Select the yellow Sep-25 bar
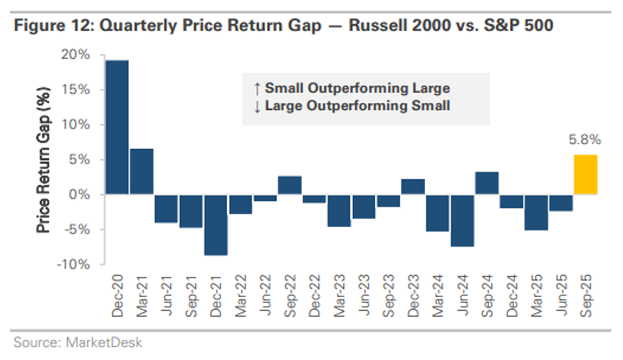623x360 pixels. [585, 174]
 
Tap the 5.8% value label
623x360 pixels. [586, 140]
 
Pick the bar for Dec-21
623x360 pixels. [216, 224]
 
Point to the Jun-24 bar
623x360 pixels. [462, 220]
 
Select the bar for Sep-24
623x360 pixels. [487, 183]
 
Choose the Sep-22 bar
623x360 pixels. [289, 185]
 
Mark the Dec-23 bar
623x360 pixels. [413, 186]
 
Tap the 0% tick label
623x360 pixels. [87, 195]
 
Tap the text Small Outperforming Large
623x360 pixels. [357, 89]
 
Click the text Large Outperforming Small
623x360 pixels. [357, 106]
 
